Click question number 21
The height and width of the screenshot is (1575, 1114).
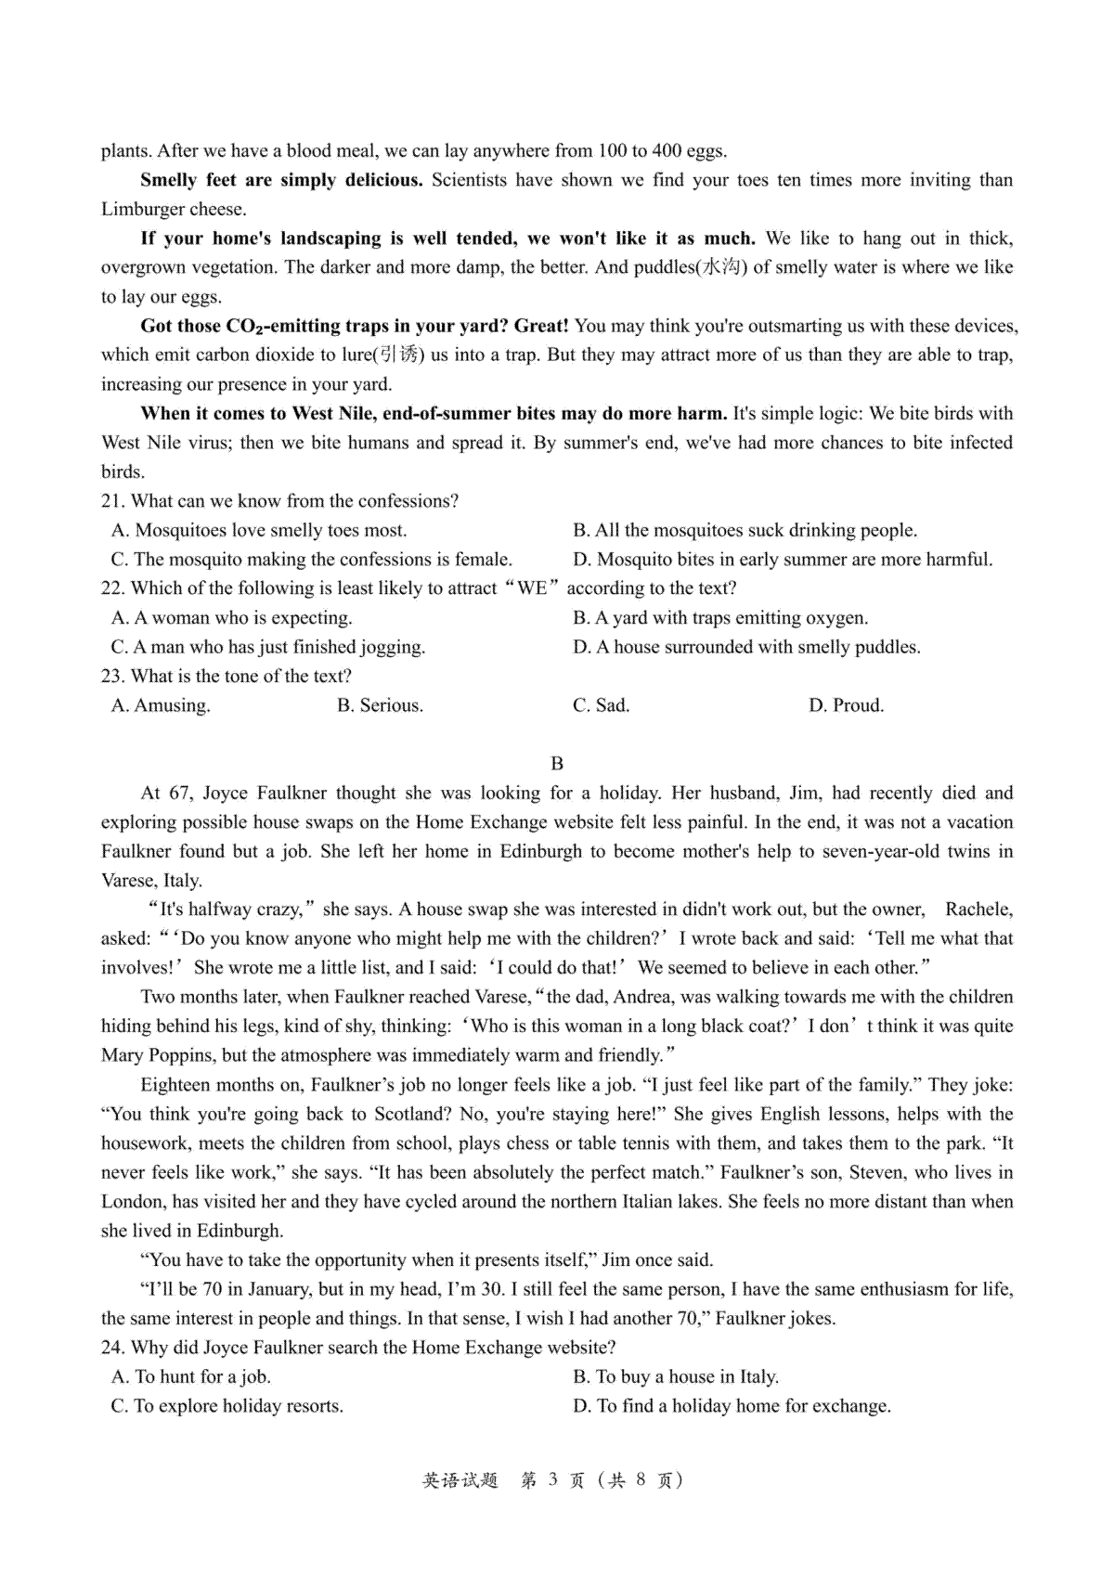[112, 501]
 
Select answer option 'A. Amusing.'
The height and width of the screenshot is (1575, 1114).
[161, 705]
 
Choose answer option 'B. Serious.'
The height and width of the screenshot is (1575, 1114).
[380, 705]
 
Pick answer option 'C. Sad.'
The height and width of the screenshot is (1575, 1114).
[601, 705]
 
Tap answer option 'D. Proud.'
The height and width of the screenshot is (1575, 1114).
[846, 705]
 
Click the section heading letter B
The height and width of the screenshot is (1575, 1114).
[557, 764]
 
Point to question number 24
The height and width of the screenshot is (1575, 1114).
[112, 1348]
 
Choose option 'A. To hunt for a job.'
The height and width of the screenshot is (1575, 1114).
[190, 1377]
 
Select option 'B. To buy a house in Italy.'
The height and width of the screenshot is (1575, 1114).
[676, 1377]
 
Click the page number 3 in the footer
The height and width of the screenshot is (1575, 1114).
[551, 1480]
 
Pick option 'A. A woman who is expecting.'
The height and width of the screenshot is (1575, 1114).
[231, 618]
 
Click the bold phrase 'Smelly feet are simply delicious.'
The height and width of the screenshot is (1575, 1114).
[281, 180]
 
